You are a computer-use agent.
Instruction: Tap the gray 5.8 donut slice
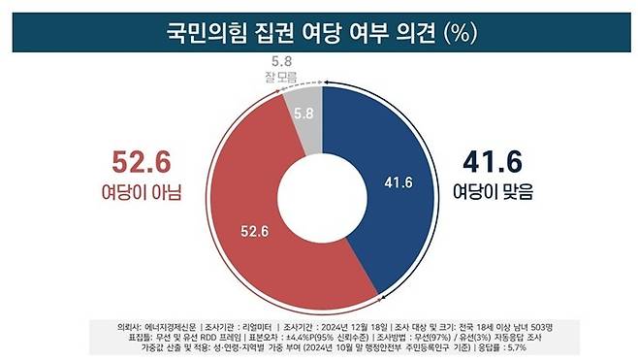coord(303,112)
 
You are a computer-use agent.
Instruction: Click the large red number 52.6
coord(140,158)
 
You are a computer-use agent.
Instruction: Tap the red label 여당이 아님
coord(142,192)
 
